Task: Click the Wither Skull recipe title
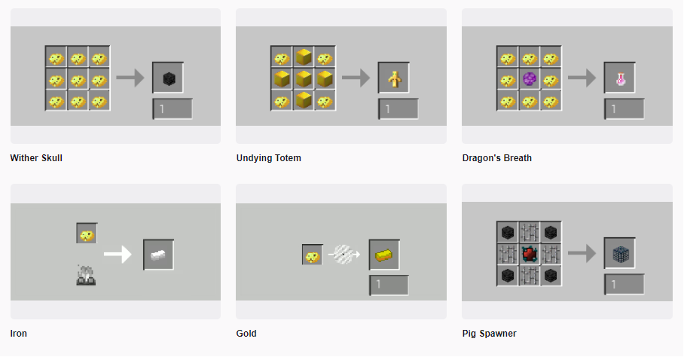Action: point(36,158)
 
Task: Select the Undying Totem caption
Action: point(269,158)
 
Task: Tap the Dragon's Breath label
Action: point(497,158)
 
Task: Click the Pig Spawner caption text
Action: point(489,334)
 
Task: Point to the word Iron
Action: point(18,334)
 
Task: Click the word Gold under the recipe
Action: point(246,334)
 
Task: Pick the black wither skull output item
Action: point(169,78)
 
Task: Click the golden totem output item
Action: point(394,79)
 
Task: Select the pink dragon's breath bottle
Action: point(620,79)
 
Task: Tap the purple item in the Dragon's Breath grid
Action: point(529,79)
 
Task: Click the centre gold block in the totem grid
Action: point(304,79)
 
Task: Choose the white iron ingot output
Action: point(158,255)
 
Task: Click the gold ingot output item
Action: point(384,255)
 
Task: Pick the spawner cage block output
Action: point(620,254)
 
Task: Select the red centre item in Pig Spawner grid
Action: point(529,254)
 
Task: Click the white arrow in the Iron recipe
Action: point(118,255)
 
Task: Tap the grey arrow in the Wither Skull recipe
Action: point(130,78)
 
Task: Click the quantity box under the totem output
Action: point(398,108)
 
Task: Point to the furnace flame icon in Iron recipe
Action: point(86,276)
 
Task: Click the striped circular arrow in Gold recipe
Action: point(344,254)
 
